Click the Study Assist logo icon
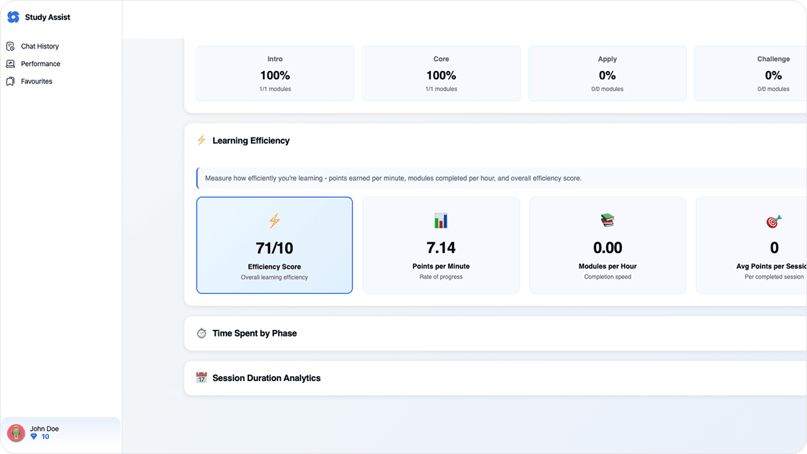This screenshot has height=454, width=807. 13,17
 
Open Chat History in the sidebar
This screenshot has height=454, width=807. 40,46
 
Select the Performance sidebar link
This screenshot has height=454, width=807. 40,64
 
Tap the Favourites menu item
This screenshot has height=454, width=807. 37,81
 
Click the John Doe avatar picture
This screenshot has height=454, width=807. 16,432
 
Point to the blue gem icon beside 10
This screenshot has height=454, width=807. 34,437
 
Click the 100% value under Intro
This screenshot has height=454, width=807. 275,75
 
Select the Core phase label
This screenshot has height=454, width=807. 441,58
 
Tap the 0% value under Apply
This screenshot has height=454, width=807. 607,75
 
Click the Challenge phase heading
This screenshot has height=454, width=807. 773,58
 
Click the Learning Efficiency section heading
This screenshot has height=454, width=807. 251,141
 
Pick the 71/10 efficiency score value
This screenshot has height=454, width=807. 274,248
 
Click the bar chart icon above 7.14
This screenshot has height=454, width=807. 441,220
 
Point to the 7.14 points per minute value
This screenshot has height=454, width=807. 441,248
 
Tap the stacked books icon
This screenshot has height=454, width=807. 607,220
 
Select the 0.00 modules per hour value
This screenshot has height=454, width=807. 607,248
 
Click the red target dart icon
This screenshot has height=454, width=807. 774,221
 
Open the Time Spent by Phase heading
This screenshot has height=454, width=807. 254,333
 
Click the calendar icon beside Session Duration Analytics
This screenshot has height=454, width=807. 201,378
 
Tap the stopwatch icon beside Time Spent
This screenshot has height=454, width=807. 201,333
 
